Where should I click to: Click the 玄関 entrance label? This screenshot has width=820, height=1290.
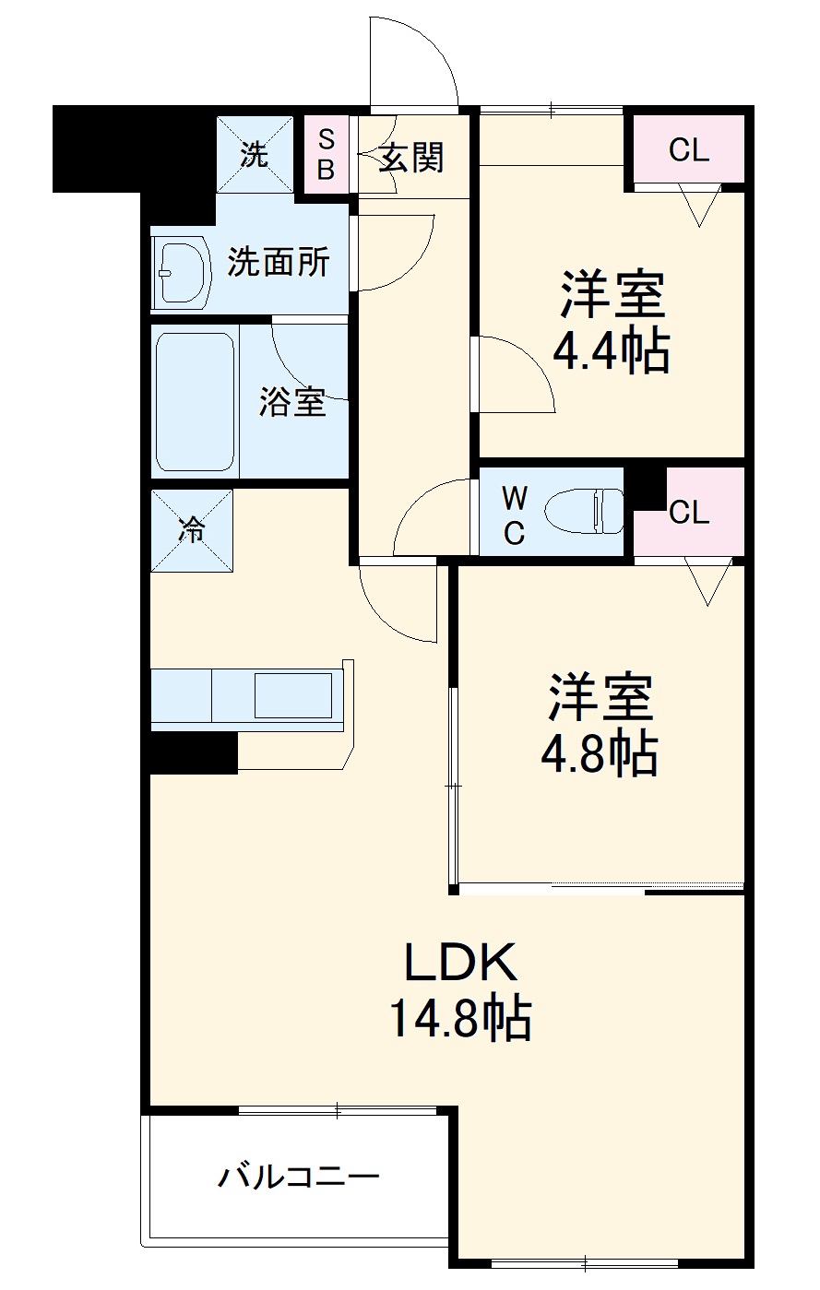pos(411,159)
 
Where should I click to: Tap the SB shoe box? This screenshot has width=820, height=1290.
pos(326,154)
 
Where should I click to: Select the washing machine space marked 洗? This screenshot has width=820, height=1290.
pos(255,154)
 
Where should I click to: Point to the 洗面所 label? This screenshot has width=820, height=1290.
pos(278,263)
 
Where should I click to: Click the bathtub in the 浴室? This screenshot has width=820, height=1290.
pos(195,401)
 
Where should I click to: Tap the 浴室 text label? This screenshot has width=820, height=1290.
pos(291,401)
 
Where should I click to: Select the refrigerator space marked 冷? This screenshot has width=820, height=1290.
pos(192,530)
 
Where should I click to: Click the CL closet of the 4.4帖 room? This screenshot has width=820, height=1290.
pos(688,149)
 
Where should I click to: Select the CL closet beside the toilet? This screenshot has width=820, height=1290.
pos(689,513)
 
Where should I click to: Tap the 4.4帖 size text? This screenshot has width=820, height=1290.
pos(611,351)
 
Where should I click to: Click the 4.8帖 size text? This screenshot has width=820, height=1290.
pos(599,753)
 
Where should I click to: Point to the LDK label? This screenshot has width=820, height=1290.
pos(460,964)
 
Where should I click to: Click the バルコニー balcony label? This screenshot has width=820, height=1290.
pos(298,1178)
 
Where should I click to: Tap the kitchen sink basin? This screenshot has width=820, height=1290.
pos(292,695)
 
